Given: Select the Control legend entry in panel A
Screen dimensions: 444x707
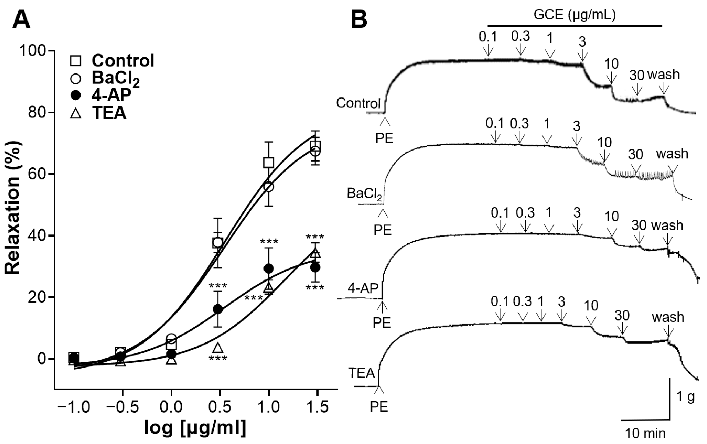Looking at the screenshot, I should click(x=123, y=61).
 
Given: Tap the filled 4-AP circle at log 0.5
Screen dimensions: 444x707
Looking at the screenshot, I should click(x=218, y=309).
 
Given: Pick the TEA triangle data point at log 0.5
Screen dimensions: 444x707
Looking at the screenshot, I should click(x=218, y=348).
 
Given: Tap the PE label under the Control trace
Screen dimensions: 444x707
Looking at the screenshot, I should click(x=384, y=138).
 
